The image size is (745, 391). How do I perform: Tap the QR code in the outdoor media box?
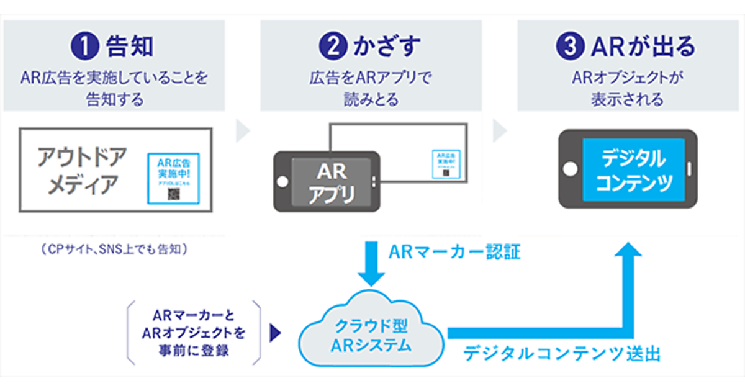(x=173, y=194)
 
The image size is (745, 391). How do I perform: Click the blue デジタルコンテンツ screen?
(x=633, y=169)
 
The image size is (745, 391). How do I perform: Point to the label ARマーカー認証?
(x=454, y=253)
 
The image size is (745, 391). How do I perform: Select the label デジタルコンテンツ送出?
(x=562, y=354)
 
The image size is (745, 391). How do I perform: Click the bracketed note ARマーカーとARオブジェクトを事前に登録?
(x=194, y=333)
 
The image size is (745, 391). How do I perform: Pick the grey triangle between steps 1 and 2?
(x=243, y=131)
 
